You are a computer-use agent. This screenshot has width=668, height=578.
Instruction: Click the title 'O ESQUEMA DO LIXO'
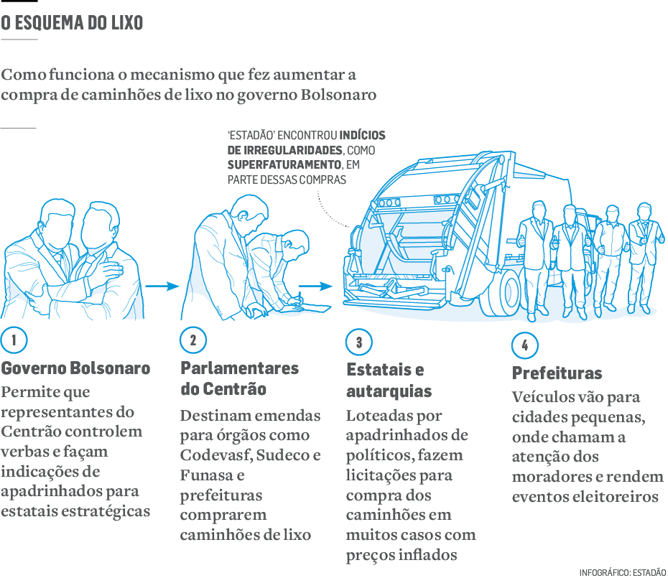pyautogui.click(x=72, y=23)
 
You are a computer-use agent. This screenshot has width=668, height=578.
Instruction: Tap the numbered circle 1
pyautogui.click(x=14, y=340)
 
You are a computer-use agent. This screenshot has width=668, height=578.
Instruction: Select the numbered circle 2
pyautogui.click(x=193, y=340)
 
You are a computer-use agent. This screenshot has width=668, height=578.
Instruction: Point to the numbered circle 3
pyautogui.click(x=358, y=342)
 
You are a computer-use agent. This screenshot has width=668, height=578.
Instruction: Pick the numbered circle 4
pyautogui.click(x=525, y=345)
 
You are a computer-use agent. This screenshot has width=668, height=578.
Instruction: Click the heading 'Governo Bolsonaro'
pyautogui.click(x=75, y=368)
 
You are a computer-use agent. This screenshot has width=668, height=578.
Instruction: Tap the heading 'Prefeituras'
pyautogui.click(x=557, y=373)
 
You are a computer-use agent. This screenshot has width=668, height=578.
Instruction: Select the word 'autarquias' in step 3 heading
pyautogui.click(x=389, y=391)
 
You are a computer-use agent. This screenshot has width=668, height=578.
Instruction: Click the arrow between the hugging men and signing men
pyautogui.click(x=162, y=286)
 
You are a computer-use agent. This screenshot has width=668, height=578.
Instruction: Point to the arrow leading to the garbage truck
pyautogui.click(x=315, y=286)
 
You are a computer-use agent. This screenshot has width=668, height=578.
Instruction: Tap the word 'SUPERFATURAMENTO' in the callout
pyautogui.click(x=284, y=165)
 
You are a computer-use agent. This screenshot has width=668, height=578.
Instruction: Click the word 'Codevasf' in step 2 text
pyautogui.click(x=215, y=455)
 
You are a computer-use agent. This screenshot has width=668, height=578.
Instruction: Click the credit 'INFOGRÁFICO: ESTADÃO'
pyautogui.click(x=623, y=573)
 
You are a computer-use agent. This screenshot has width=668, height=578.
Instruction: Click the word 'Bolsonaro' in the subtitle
pyautogui.click(x=339, y=95)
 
